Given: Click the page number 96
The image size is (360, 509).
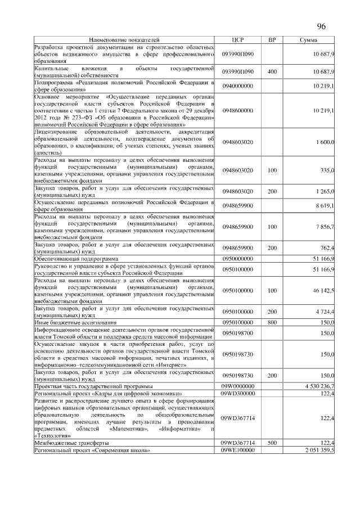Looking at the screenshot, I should point(322,26).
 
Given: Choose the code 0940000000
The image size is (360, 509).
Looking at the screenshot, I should point(237,85).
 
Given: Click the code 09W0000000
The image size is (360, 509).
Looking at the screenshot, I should point(237,386).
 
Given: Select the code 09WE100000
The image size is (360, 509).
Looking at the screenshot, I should point(237,451).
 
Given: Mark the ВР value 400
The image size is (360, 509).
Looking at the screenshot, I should point(272,72).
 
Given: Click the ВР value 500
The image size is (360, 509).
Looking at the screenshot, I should point(272,444).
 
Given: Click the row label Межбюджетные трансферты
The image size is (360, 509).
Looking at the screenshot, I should point(64,444).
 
